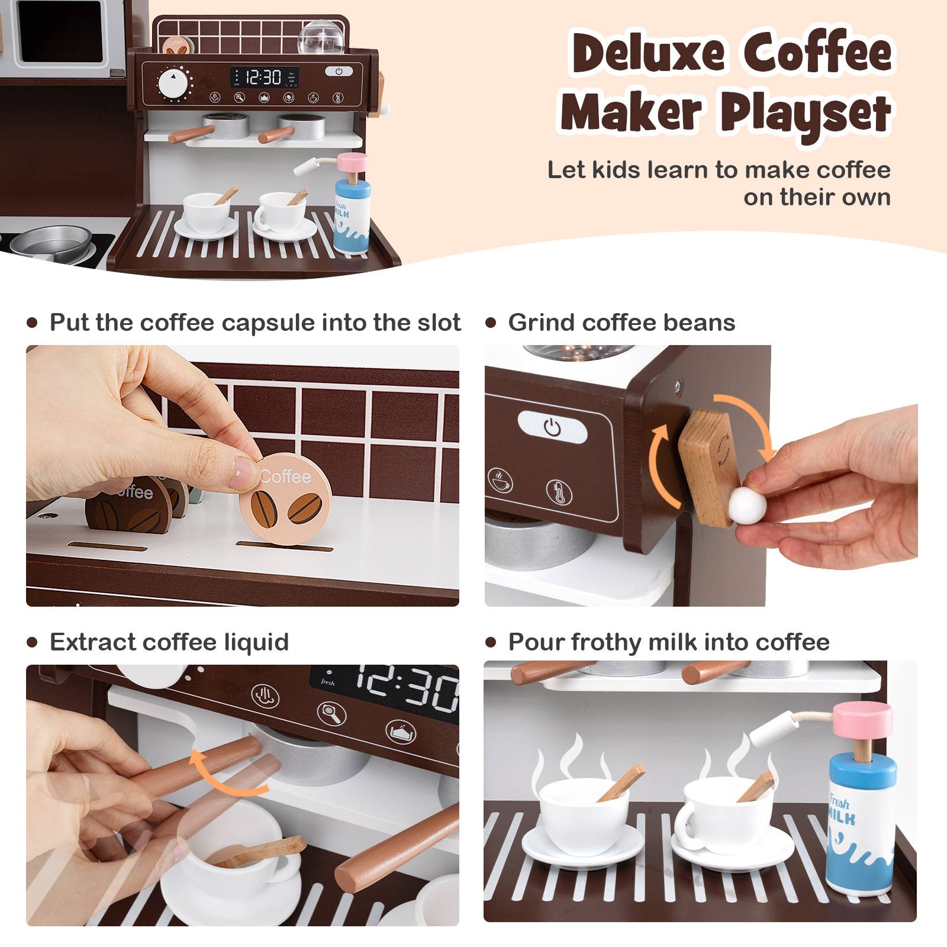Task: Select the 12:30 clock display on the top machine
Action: click(263, 77)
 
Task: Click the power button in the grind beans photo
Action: click(552, 426)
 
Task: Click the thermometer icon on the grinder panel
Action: click(559, 491)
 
